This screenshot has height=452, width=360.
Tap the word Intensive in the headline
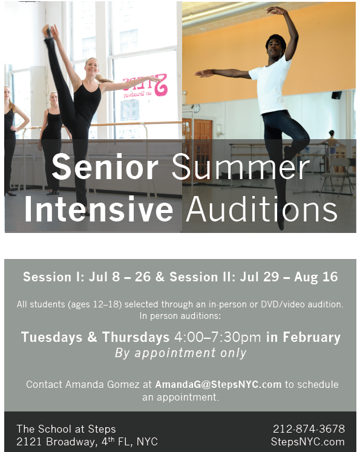point(98,209)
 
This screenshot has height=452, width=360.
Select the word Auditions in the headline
point(261,209)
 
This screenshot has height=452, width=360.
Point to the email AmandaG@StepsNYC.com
point(218,385)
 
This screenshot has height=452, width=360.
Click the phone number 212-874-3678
point(309,429)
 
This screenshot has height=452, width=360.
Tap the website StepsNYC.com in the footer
point(309,442)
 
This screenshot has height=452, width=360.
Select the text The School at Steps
point(66,429)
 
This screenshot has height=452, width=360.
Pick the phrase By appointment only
point(180,353)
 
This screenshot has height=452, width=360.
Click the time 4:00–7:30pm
point(218,338)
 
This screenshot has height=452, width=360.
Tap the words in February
point(303,338)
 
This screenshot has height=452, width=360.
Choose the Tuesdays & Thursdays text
point(95,338)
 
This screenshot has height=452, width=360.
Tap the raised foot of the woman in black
point(47,30)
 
